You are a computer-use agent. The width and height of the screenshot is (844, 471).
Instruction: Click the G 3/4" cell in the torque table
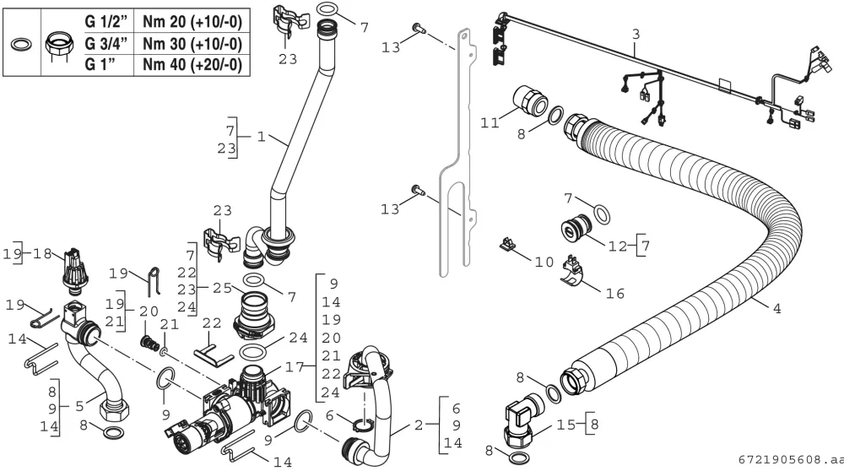point(106,44)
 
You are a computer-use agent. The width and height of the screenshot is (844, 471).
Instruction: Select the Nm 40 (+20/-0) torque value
point(192,65)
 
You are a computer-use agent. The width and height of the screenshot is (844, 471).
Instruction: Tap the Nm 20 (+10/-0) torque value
point(192,22)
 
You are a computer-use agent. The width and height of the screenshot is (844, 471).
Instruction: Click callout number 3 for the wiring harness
point(636,35)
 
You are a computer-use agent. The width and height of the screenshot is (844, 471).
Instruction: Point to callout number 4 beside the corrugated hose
point(776,309)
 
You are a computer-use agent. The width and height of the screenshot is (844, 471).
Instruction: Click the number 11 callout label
point(490,123)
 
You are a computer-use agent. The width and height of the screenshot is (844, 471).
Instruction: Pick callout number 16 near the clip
point(615,294)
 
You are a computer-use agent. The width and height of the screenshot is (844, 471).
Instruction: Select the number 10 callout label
point(544,263)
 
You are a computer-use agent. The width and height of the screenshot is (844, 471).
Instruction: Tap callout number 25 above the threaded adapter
point(222,289)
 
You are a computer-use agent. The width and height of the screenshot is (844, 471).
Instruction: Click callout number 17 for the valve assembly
point(295,368)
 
